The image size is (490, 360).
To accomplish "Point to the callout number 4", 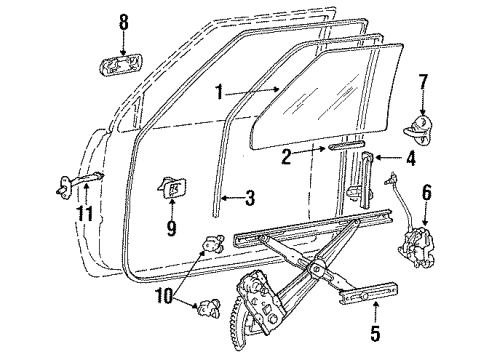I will [x=411, y=158].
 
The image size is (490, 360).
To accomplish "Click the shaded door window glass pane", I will [x=340, y=95].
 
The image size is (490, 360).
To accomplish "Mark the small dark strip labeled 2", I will [x=335, y=149].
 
